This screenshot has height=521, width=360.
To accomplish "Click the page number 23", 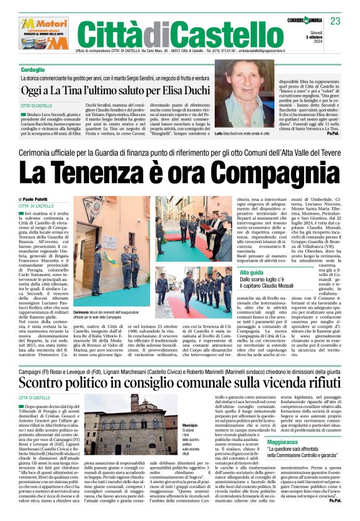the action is pyautogui.click(x=335, y=21).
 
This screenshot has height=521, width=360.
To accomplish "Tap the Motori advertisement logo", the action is pyautogui.click(x=43, y=33).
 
